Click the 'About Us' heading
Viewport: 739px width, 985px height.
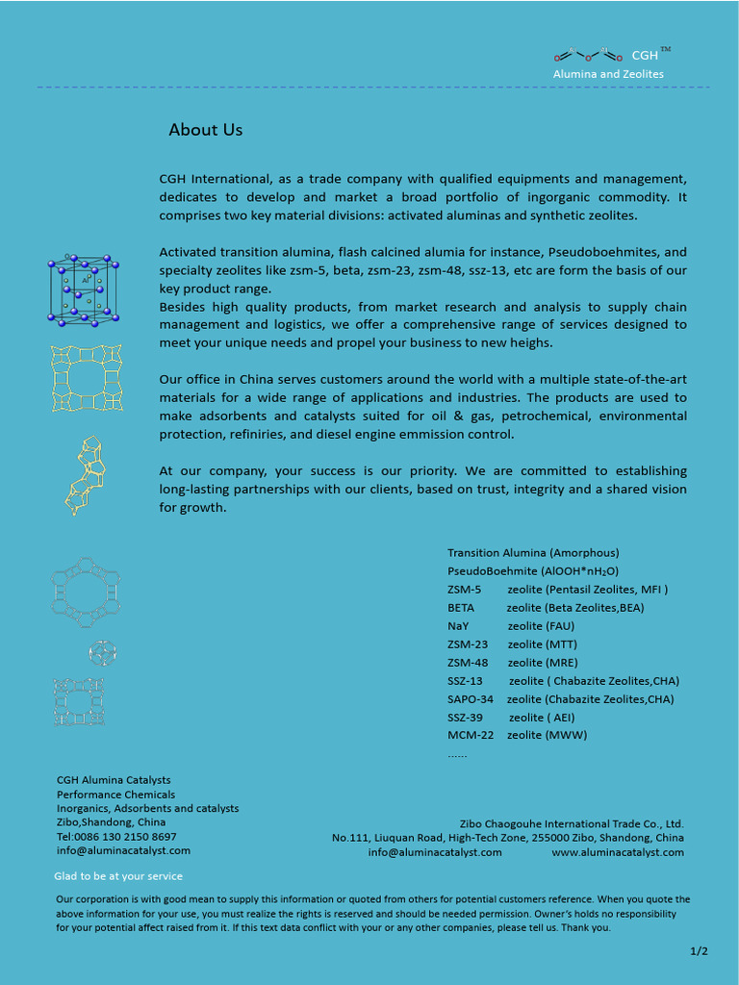pos(205,130)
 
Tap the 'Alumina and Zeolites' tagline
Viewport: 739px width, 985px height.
pos(607,74)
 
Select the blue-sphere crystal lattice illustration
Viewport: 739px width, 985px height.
pos(84,290)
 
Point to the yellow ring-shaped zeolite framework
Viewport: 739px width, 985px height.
pos(87,378)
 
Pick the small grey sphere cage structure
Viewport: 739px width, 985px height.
pos(102,653)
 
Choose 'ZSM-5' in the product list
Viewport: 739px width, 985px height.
pos(464,590)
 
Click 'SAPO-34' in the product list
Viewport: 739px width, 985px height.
pos(470,699)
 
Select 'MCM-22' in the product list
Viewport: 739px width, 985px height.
pos(469,736)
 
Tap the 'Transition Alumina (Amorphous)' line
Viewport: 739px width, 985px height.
pos(533,553)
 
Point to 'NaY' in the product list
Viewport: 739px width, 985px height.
pos(458,626)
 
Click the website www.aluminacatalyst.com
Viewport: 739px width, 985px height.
pos(617,852)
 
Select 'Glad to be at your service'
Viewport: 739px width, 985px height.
pos(117,876)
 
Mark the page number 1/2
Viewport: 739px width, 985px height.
pos(699,951)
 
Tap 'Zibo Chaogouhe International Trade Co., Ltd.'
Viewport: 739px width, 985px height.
pos(571,824)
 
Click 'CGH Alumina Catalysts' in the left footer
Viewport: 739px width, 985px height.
pos(114,780)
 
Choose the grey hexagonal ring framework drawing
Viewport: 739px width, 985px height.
pos(86,588)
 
